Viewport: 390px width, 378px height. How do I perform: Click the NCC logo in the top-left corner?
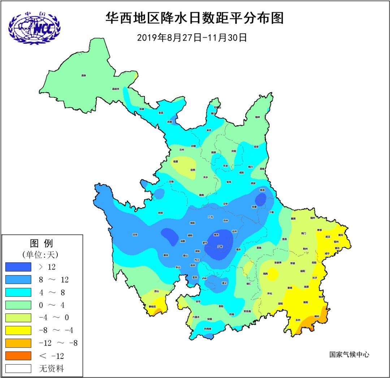click(x=34, y=28)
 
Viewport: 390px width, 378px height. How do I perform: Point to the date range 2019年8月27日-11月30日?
click(x=192, y=38)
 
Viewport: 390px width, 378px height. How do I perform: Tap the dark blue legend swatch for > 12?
click(x=18, y=267)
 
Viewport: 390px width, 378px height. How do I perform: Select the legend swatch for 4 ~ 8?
click(x=18, y=292)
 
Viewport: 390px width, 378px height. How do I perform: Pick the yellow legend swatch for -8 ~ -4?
click(x=18, y=330)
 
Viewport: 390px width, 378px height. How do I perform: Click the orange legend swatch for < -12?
click(x=18, y=356)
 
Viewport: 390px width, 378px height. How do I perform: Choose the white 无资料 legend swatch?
click(x=18, y=368)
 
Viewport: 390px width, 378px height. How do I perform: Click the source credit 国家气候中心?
click(x=349, y=355)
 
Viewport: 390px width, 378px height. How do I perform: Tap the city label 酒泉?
click(x=84, y=75)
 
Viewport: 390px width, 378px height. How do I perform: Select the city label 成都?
click(x=182, y=241)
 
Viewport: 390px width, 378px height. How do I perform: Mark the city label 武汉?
click(x=328, y=237)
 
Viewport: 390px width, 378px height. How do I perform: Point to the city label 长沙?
click(x=314, y=278)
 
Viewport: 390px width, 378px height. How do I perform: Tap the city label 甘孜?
click(x=135, y=235)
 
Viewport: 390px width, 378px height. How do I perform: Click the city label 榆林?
click(x=257, y=117)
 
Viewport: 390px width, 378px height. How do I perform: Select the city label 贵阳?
click(x=216, y=306)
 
